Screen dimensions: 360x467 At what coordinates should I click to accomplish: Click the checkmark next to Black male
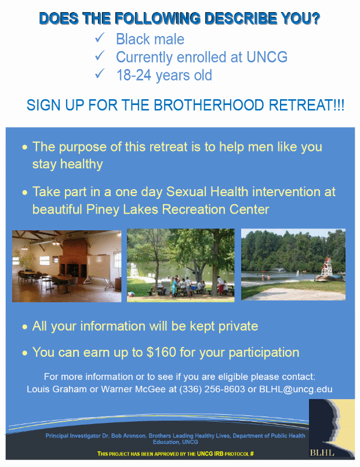tap(99, 38)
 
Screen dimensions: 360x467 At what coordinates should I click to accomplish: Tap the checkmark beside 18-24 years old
tap(99, 74)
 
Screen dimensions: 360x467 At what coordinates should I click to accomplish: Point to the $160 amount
tap(161, 352)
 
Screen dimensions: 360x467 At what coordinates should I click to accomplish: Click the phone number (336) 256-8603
tap(212, 389)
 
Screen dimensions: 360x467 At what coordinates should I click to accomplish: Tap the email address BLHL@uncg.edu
tap(296, 389)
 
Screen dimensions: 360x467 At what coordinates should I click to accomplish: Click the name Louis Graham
tap(57, 389)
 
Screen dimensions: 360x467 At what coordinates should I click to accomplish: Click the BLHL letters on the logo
tap(322, 452)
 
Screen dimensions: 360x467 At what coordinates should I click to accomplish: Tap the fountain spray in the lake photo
tap(278, 270)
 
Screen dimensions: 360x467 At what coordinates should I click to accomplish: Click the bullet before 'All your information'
tap(25, 327)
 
